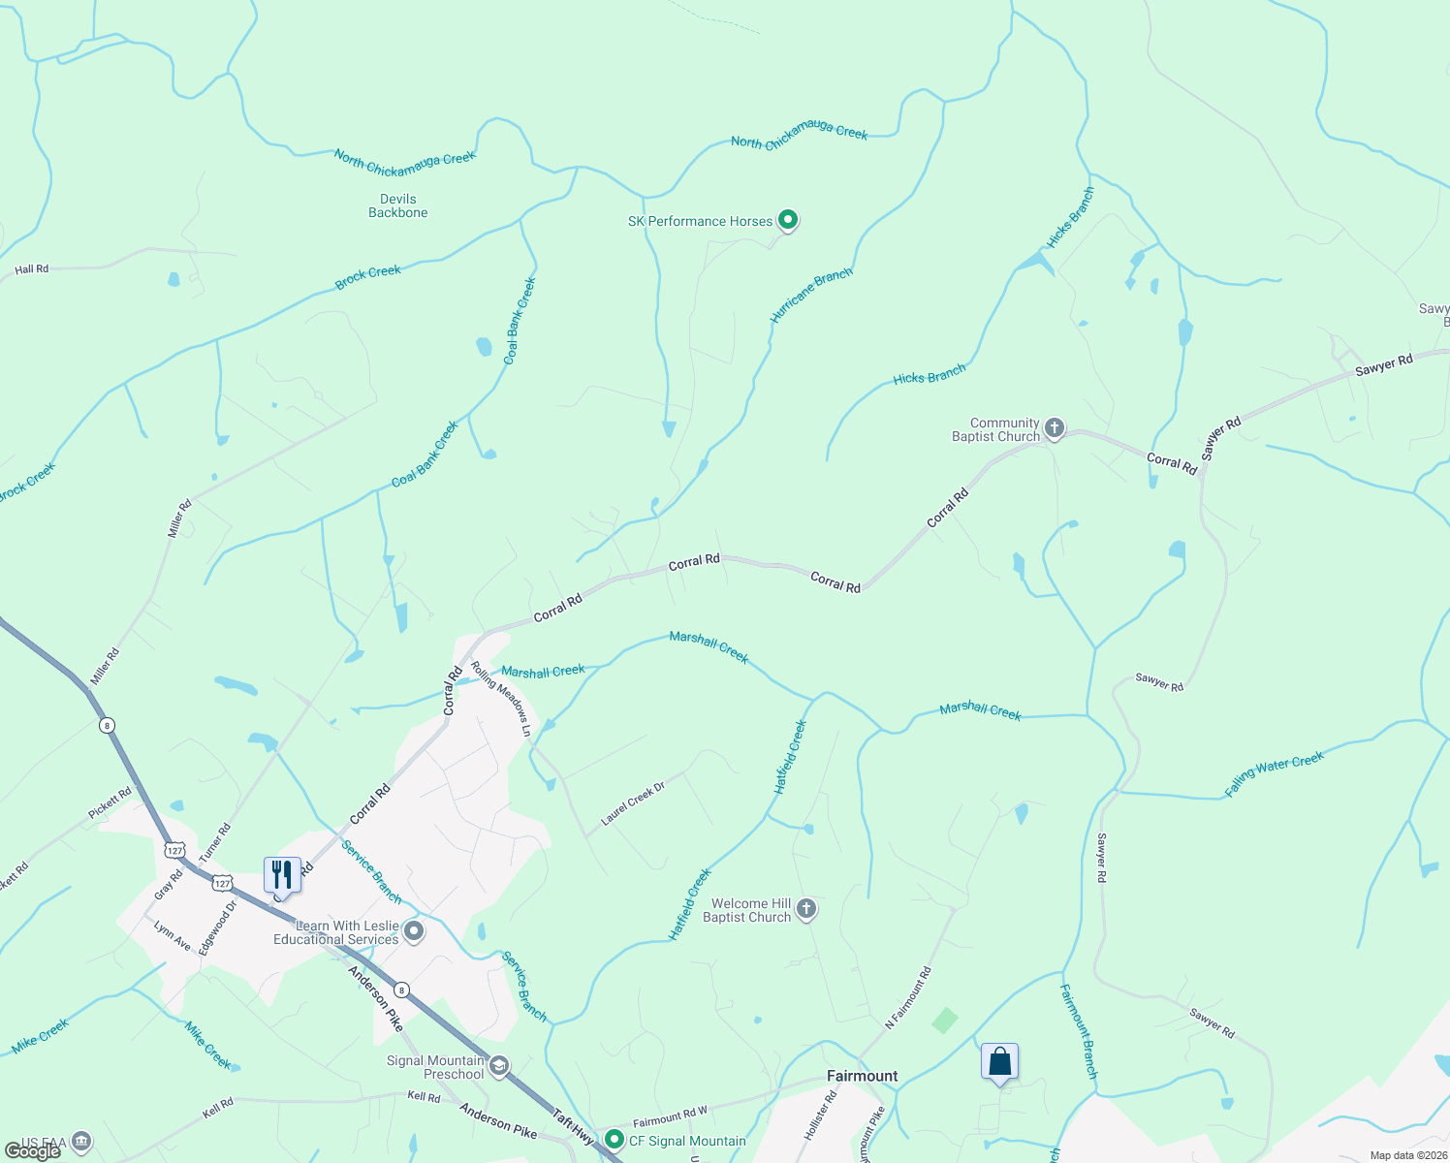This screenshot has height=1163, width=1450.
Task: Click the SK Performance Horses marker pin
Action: (x=788, y=221)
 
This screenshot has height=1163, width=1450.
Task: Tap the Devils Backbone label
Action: (x=397, y=205)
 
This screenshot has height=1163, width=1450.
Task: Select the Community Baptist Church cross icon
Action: (x=1055, y=427)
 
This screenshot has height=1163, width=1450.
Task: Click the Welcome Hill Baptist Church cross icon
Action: (x=806, y=908)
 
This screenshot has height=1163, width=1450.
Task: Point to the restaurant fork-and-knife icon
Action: (x=282, y=874)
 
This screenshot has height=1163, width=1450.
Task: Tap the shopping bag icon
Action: (x=999, y=1061)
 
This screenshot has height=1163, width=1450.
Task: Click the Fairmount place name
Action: (x=862, y=1076)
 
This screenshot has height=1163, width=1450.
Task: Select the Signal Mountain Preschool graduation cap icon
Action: (x=498, y=1067)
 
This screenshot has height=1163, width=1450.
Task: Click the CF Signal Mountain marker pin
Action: (x=613, y=1140)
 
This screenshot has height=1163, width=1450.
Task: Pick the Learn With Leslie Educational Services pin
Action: (x=414, y=932)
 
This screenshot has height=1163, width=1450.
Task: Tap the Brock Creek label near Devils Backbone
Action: (x=368, y=277)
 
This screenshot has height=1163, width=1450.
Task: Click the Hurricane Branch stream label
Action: (x=811, y=295)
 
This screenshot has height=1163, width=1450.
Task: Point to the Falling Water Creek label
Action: (x=1274, y=774)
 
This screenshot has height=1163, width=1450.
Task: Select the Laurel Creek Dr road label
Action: (x=633, y=803)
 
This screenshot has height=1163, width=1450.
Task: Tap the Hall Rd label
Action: (x=32, y=269)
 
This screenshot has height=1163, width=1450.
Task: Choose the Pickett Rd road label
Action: (x=110, y=803)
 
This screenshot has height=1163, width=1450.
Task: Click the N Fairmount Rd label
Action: (x=908, y=997)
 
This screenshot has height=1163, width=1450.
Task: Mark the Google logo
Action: (x=33, y=1151)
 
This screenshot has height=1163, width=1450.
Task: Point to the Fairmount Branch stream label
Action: (x=1078, y=1031)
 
